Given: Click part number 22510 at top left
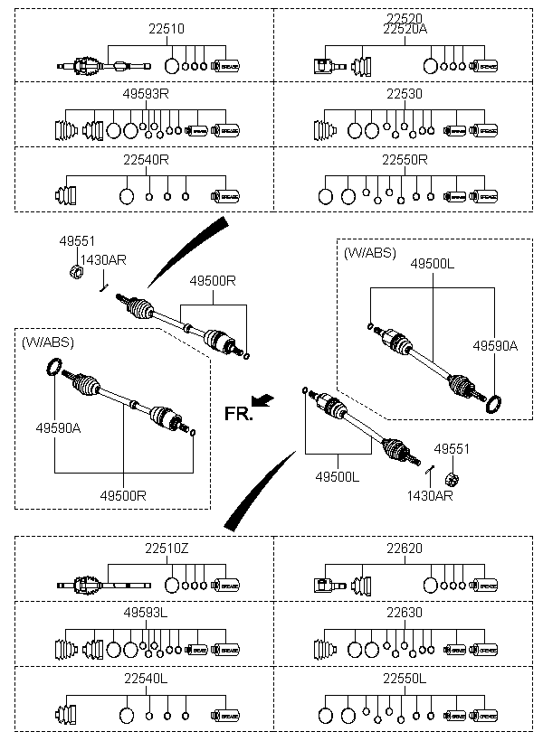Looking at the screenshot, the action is click(x=167, y=29).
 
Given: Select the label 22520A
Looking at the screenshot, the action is click(x=405, y=29).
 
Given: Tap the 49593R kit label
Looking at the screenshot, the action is click(x=146, y=94).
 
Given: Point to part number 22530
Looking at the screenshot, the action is click(x=405, y=94).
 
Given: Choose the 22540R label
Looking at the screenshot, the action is click(x=146, y=160).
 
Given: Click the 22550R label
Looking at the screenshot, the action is click(x=405, y=160).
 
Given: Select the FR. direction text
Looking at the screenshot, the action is click(x=239, y=414).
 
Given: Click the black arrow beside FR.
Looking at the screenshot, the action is click(x=262, y=399).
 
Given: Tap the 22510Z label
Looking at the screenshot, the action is click(x=167, y=549).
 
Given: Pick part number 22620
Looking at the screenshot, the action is click(x=405, y=549).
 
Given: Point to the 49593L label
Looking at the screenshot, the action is click(x=146, y=613).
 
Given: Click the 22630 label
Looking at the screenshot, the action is click(x=405, y=613).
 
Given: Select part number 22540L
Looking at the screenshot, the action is click(x=146, y=679).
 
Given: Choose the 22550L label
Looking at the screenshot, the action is click(x=405, y=679).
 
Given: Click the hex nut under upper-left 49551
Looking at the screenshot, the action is click(x=76, y=272).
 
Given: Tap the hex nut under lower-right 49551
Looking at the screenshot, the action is click(x=452, y=480).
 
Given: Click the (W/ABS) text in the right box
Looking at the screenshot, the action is click(x=370, y=253).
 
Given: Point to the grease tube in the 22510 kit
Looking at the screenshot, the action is click(x=225, y=66).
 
